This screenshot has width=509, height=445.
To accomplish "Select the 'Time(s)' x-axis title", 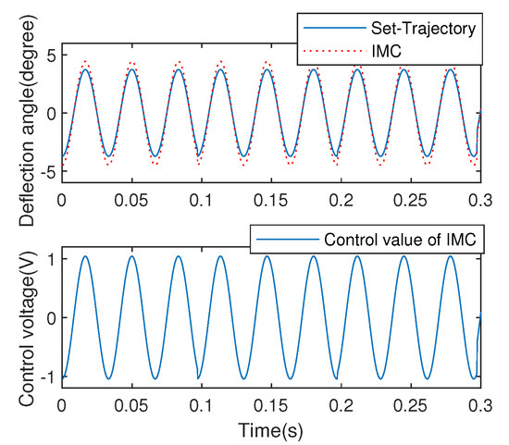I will [x=270, y=429].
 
